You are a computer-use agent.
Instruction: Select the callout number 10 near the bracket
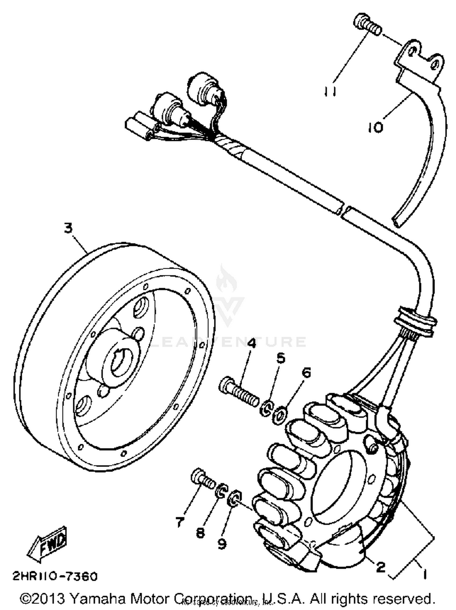point(376,127)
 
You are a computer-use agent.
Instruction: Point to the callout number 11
point(330,91)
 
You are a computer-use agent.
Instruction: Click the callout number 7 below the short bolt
point(179,522)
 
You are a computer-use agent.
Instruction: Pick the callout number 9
point(222,543)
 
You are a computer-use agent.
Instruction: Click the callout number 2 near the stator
point(381,566)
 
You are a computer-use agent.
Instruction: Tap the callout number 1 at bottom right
point(424,574)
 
